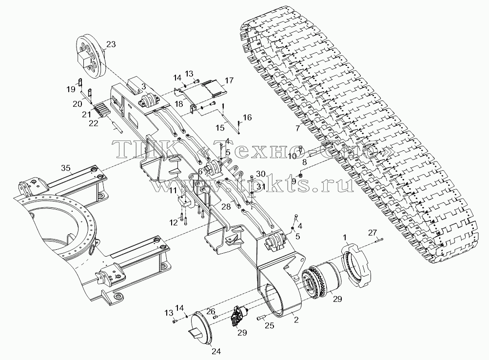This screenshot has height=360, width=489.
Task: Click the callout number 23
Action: coord(111,44)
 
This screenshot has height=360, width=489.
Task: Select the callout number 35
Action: coord(66,168)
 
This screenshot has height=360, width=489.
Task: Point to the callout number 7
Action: coord(298,128)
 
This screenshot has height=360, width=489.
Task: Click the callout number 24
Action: coord(216,351)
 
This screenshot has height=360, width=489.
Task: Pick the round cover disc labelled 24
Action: coord(202,327)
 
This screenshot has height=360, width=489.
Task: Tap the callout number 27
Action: coord(372,232)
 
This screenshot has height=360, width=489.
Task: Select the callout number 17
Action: coord(229,80)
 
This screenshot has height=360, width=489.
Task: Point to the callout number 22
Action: coord(93,123)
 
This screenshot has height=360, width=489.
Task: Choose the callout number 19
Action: coord(71,89)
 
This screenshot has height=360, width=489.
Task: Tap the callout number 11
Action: coord(173,190)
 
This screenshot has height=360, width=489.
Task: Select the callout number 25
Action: coord(270,325)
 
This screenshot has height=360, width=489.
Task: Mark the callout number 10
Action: coord(292,156)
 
